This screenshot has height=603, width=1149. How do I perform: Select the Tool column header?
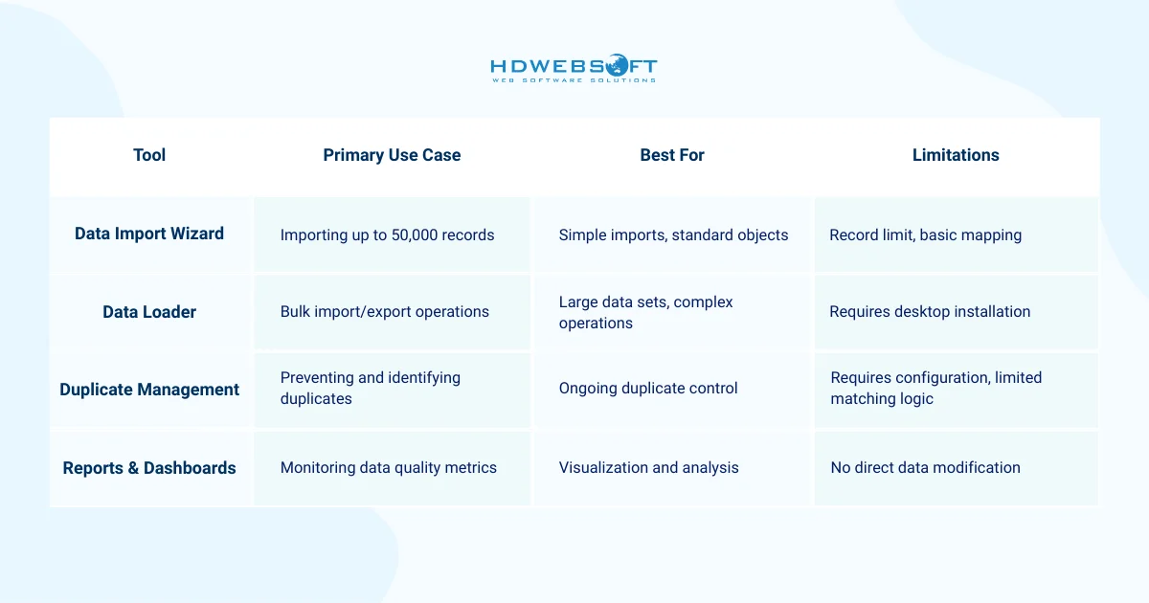149,155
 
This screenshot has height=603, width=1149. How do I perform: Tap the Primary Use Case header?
392,155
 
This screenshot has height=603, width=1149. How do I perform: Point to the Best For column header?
672,155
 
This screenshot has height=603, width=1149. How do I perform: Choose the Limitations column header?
956,155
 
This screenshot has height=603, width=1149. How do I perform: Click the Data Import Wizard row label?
149,234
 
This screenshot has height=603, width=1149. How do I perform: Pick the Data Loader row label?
149,312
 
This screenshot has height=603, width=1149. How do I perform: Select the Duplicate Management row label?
149,390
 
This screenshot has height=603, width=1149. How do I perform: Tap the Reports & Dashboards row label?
149,468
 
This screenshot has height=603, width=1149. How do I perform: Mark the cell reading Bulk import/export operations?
385,312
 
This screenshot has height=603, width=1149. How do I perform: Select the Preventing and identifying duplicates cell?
371,388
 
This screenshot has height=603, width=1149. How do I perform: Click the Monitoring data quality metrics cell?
389,468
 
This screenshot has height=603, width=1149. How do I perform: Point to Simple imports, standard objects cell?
674,234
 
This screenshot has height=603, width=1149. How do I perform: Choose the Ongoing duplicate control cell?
648,389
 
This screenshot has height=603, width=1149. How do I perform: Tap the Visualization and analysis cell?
649,468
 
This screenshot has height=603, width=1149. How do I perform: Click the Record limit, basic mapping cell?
926,234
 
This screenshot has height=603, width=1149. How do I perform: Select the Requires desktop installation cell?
930,312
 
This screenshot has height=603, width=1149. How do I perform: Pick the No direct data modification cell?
925,468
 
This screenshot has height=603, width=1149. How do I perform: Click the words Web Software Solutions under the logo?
574,80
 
